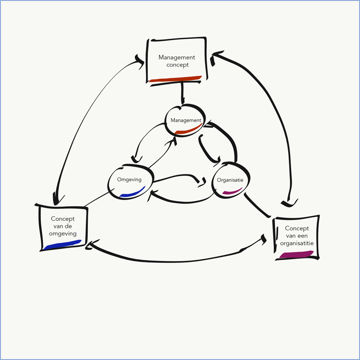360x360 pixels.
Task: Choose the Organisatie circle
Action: pyautogui.click(x=230, y=180)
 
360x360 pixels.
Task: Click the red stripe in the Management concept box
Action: pyautogui.click(x=176, y=79)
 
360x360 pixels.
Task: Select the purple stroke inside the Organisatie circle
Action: pyautogui.click(x=232, y=192)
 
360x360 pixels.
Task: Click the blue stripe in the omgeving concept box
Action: pyautogui.click(x=63, y=245)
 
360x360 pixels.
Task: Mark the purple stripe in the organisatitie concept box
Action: pyautogui.click(x=297, y=254)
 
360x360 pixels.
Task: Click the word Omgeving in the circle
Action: pyautogui.click(x=129, y=180)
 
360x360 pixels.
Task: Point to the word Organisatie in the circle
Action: pyautogui.click(x=230, y=180)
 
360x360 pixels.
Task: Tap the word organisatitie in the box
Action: pyautogui.click(x=297, y=243)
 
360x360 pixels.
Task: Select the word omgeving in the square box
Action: pyautogui.click(x=63, y=234)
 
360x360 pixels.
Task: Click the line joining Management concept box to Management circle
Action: pyautogui.click(x=182, y=92)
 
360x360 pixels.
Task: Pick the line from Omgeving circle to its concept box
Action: pyautogui.click(x=99, y=198)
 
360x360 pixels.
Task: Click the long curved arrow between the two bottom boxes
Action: pyautogui.click(x=174, y=261)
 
